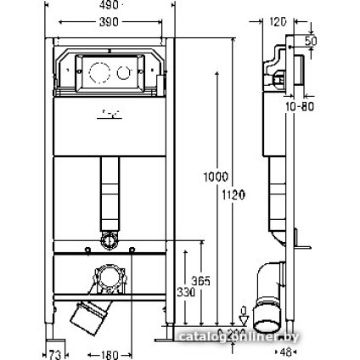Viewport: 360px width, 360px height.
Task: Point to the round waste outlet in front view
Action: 109,282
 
